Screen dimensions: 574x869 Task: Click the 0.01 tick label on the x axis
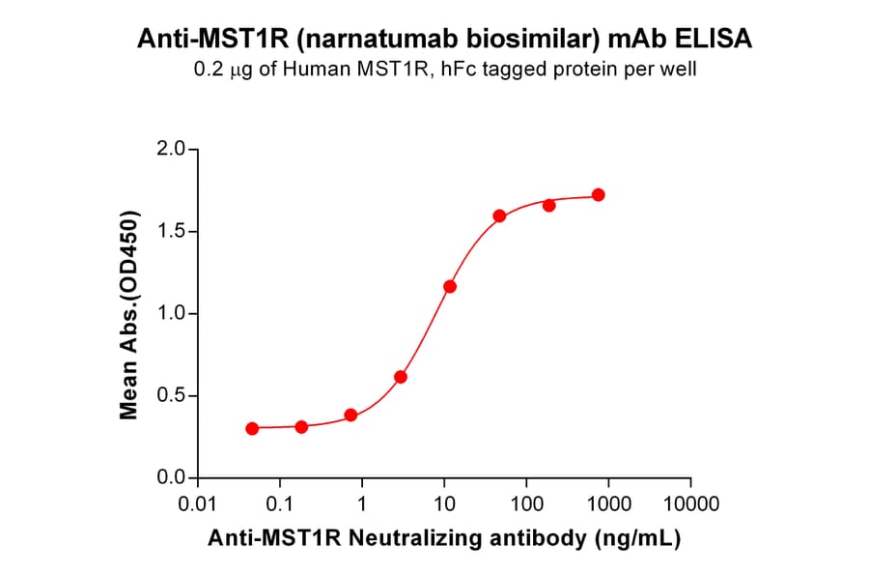point(197,504)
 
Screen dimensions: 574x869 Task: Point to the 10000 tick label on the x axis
point(690,504)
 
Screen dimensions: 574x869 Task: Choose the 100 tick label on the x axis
point(526,504)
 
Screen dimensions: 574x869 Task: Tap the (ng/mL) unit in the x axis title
point(643,539)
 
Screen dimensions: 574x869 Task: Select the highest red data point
point(599,195)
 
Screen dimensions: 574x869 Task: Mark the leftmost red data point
point(252,428)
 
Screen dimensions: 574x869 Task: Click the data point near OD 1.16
point(450,287)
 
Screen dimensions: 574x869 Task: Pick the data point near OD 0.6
point(401,377)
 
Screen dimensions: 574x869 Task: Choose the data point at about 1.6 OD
point(499,215)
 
